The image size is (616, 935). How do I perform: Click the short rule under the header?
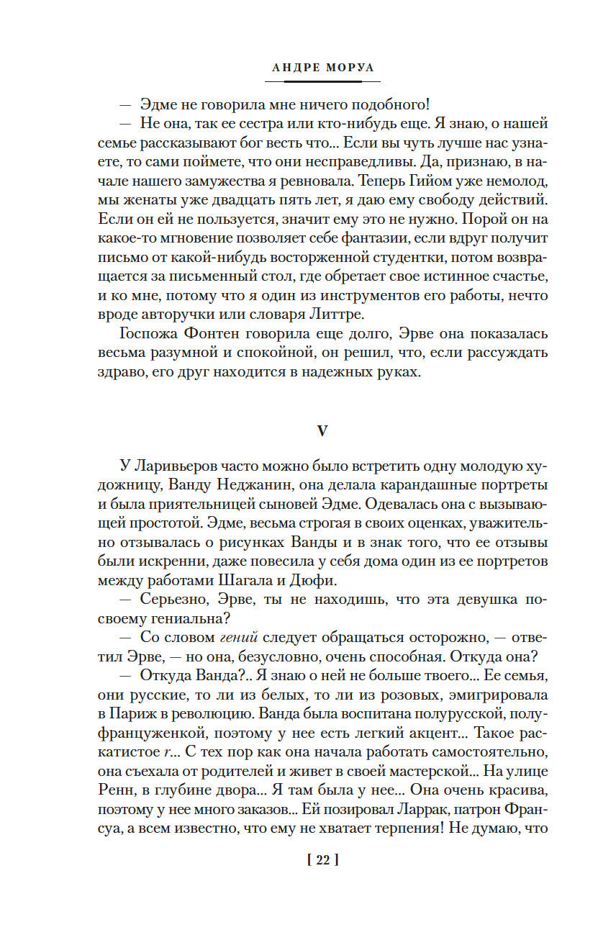click(x=311, y=81)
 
